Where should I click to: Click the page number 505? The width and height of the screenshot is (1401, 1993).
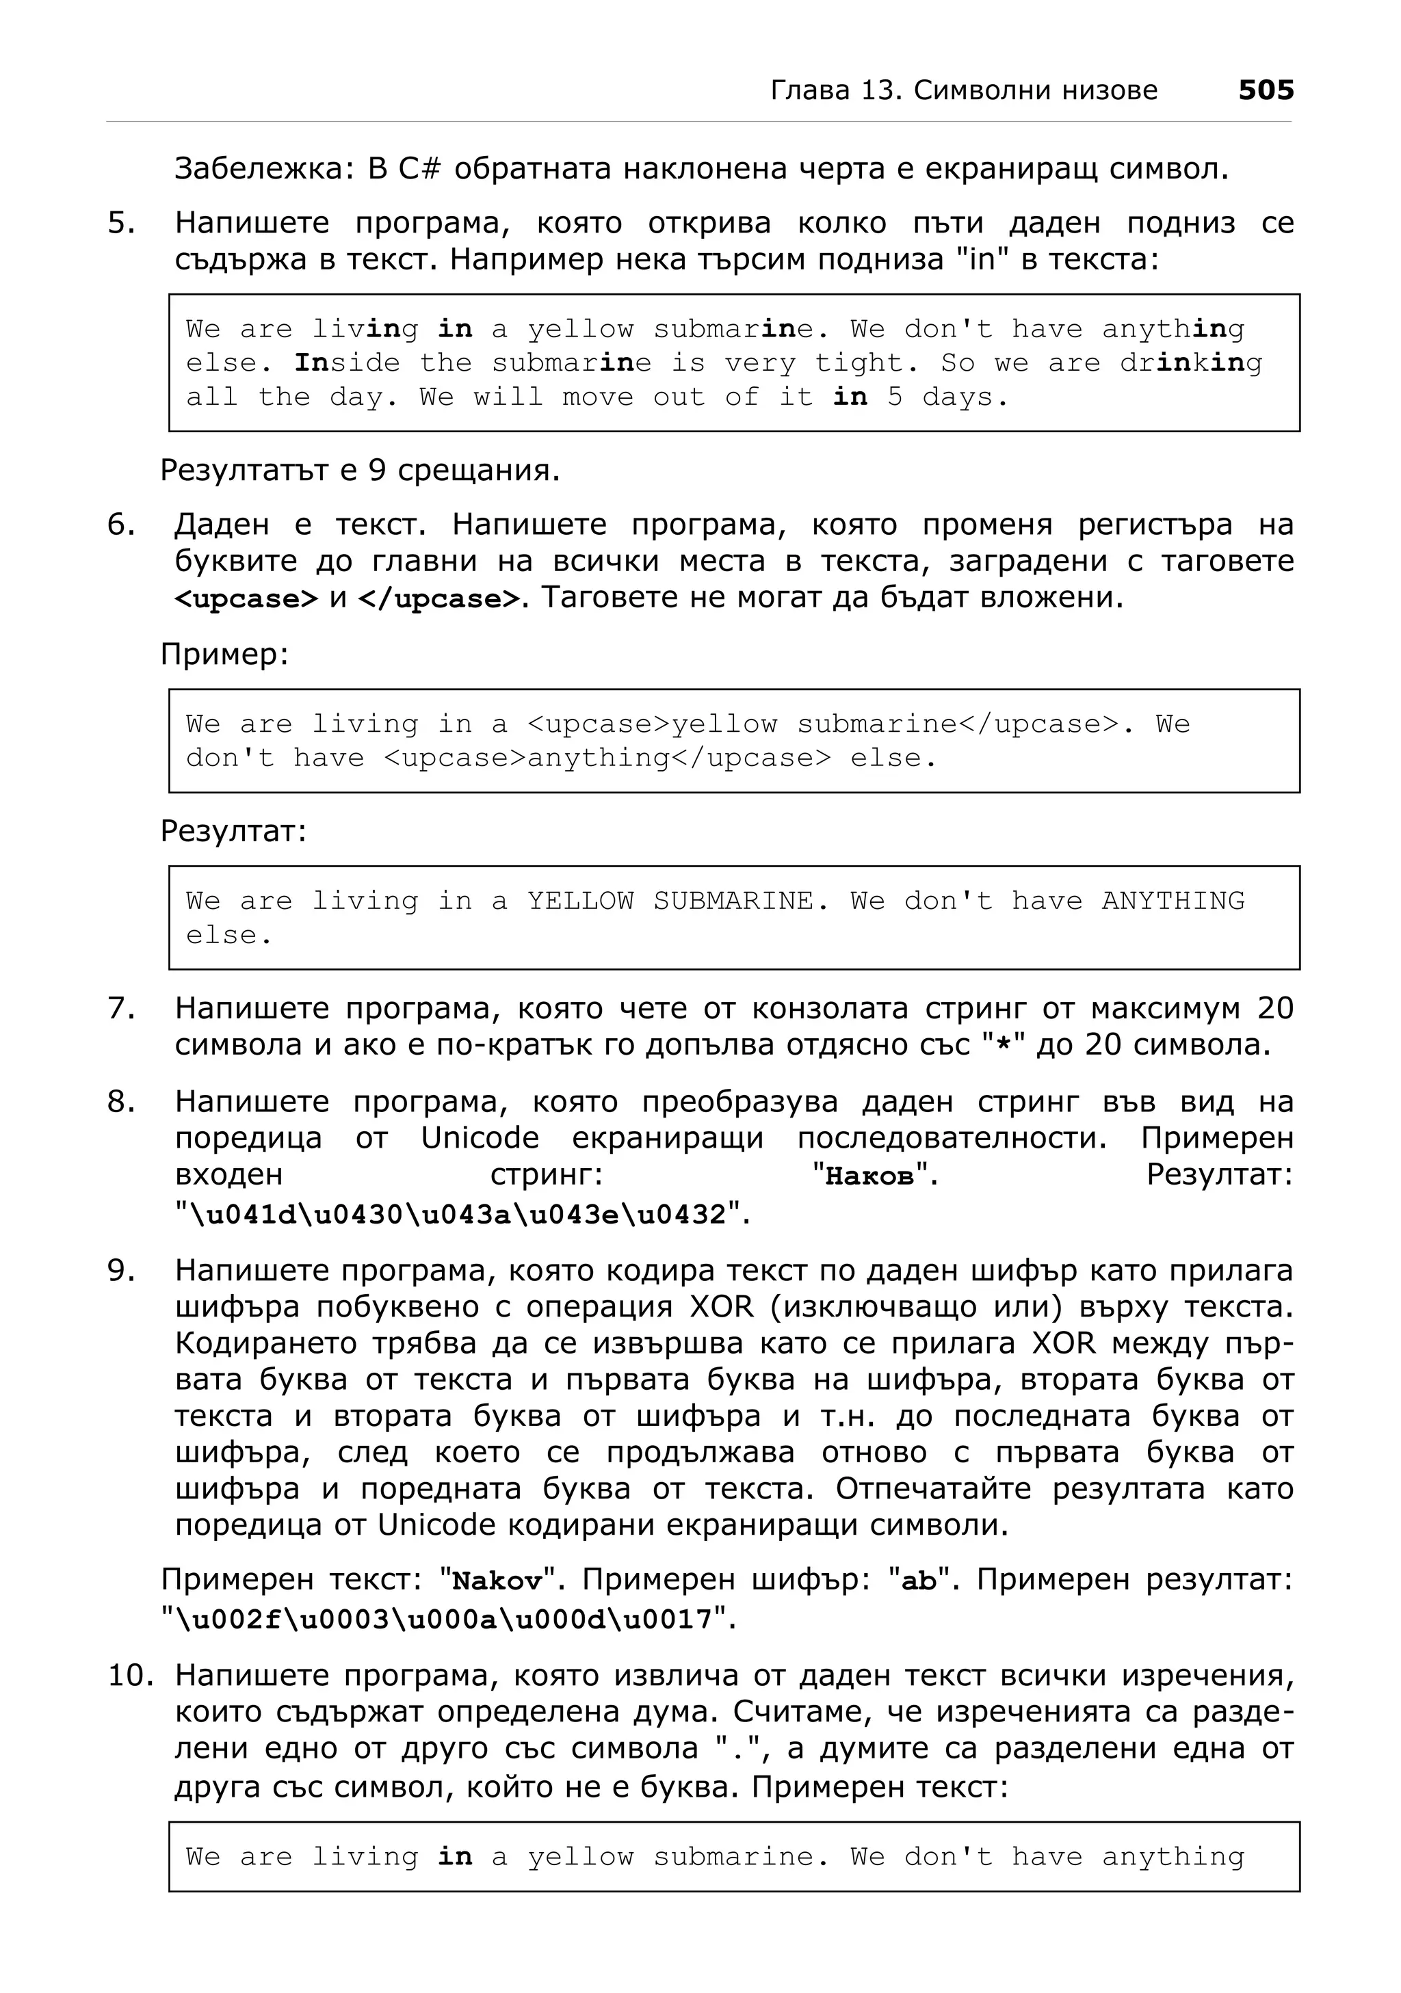tap(1265, 90)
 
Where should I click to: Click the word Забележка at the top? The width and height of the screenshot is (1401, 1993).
tap(262, 168)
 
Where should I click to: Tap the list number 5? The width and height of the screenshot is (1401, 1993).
tap(120, 223)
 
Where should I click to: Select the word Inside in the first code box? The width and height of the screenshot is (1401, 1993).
tap(348, 363)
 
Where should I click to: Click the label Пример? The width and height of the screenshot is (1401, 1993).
tap(224, 655)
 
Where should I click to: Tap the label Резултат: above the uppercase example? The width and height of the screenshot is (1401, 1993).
tap(233, 832)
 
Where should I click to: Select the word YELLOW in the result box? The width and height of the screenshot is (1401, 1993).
tap(581, 901)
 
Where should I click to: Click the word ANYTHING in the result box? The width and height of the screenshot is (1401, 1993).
tap(1173, 901)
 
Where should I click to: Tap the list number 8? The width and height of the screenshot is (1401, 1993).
tap(120, 1103)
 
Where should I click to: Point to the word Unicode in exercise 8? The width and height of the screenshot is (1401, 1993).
tap(480, 1138)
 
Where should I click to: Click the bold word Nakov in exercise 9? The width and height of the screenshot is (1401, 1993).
tap(497, 1581)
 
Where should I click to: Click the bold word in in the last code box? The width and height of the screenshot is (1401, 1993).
tap(455, 1857)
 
